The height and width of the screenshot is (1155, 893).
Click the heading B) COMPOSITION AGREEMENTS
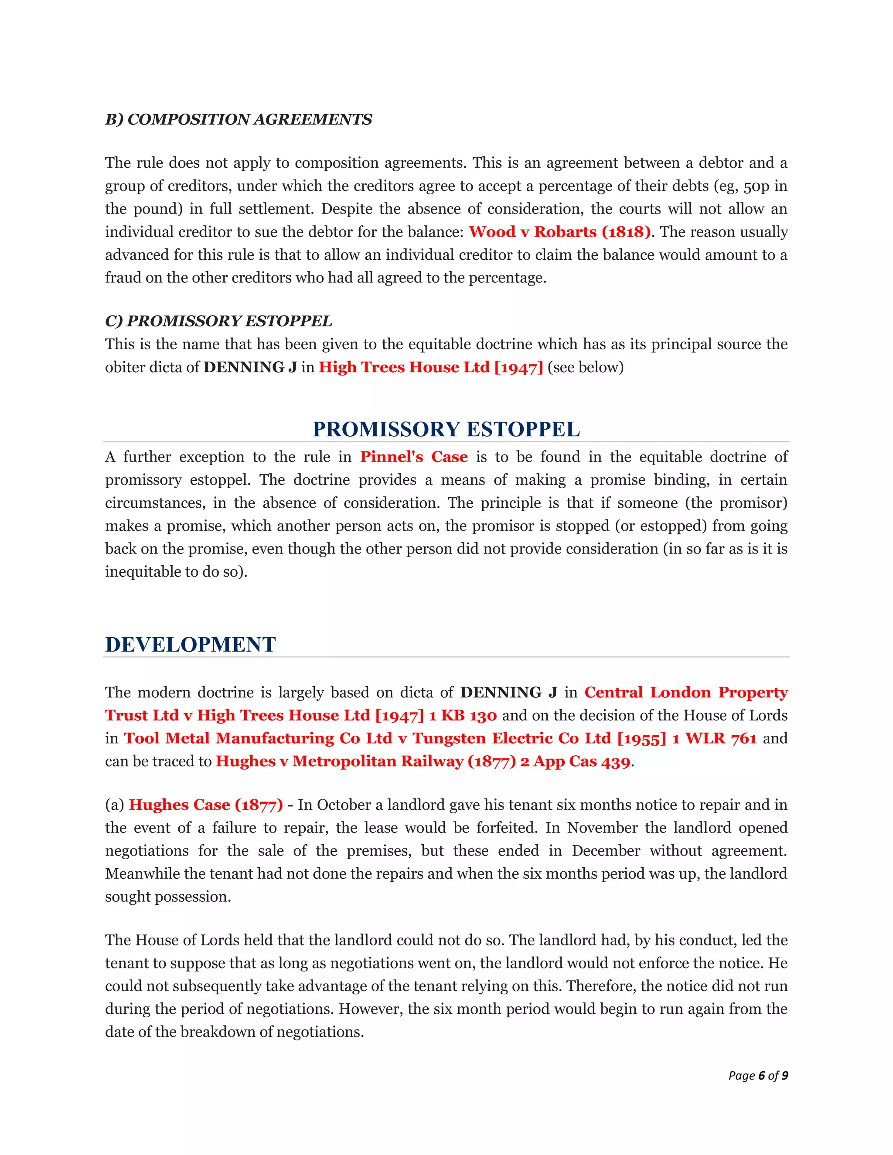pos(239,119)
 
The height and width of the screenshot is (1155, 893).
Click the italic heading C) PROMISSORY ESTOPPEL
pos(218,321)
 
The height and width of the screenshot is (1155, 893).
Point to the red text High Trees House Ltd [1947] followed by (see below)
pos(431,367)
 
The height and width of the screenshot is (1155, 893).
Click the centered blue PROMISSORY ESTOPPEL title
pos(446,429)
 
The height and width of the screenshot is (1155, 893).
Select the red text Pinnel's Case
pos(414,457)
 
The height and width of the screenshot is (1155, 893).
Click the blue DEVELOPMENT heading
pos(191,644)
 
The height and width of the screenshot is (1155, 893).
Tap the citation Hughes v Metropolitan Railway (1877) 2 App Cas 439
pos(423,761)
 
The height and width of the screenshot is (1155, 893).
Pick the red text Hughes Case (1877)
pos(206,805)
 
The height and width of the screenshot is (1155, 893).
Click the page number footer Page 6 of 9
pos(757,1075)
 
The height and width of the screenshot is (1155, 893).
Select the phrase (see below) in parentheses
pos(586,367)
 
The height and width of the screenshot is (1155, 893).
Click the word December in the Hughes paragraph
pos(605,851)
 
